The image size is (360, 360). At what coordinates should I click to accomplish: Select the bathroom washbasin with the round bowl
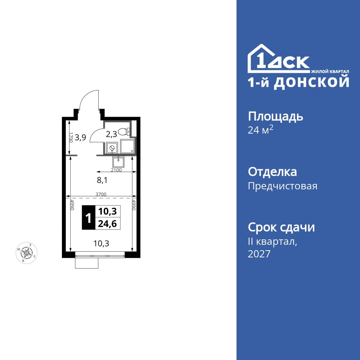[112, 148]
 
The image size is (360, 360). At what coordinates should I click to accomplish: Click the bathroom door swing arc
[95, 136]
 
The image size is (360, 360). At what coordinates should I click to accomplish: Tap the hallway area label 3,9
[80, 137]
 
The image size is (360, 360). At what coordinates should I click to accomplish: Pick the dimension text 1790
[71, 138]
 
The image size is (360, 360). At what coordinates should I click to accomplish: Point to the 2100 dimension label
[116, 170]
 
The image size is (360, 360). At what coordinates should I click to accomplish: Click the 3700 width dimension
[101, 194]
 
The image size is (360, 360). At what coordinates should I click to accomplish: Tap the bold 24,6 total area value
[107, 224]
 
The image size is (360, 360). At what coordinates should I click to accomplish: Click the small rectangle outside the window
[87, 263]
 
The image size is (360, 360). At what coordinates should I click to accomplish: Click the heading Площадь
[275, 117]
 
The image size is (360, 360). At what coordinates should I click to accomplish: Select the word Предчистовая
[283, 186]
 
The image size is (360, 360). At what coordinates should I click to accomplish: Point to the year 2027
[259, 254]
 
